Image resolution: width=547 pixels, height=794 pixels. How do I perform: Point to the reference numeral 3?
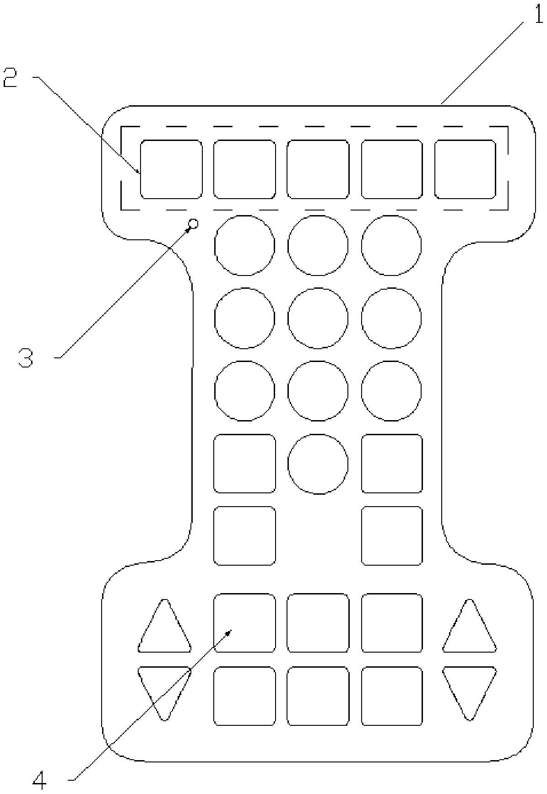click(26, 357)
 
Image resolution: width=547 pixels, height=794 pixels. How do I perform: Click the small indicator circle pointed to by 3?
click(193, 224)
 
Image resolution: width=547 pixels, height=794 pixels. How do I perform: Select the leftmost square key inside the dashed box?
click(171, 170)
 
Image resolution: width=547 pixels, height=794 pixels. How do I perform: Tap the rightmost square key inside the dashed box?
click(465, 170)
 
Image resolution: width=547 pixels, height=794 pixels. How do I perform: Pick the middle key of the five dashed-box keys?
click(318, 170)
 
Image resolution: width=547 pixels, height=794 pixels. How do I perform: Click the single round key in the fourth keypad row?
click(318, 464)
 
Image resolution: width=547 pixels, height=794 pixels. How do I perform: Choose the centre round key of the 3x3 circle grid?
click(318, 318)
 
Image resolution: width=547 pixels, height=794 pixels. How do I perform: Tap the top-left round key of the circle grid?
click(245, 245)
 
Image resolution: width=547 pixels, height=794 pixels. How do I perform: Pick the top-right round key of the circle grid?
click(391, 245)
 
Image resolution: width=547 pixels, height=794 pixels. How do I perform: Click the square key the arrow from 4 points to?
click(245, 623)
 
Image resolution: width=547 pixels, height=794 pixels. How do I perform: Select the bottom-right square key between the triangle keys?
click(392, 696)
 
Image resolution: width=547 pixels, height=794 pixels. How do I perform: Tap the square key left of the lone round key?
click(245, 464)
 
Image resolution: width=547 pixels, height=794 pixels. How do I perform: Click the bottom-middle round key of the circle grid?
click(318, 391)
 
